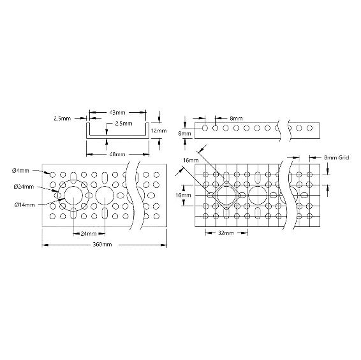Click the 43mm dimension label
coord(117,113)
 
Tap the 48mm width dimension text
coord(117,154)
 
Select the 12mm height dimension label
coord(159,131)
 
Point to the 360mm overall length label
coord(102,244)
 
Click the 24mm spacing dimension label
coord(89,234)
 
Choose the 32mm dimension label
coord(226,233)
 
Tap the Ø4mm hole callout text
coord(20,171)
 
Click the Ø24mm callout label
coord(24,187)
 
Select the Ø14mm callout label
coord(24,205)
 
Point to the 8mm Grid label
coord(337,157)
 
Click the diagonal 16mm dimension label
coord(191,160)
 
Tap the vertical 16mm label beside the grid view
coord(183,196)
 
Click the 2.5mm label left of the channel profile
coord(63,119)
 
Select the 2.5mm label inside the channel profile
coord(124,124)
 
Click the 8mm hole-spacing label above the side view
coord(236,119)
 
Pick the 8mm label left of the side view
coord(184,133)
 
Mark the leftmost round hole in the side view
coord(205,128)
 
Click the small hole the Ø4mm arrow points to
coord(52,175)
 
